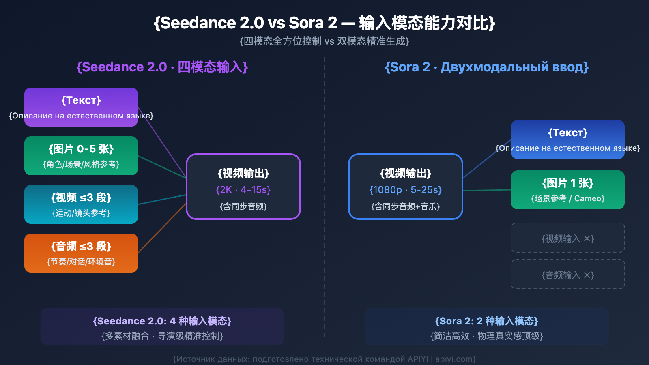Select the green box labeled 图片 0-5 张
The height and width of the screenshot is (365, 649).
click(81, 156)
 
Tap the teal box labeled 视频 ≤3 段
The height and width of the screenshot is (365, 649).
click(81, 204)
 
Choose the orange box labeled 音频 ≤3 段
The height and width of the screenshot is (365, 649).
click(81, 253)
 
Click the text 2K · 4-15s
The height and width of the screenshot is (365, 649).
click(243, 190)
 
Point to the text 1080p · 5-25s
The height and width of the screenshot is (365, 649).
click(406, 190)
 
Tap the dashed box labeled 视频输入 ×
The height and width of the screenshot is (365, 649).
click(568, 238)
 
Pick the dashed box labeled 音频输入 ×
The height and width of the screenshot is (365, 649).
click(568, 275)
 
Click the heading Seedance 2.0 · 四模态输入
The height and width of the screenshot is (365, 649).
click(162, 67)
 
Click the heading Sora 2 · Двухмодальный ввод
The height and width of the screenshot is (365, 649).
click(487, 67)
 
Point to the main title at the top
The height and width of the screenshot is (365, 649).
click(324, 23)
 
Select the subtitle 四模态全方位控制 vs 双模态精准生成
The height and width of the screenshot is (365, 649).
click(324, 41)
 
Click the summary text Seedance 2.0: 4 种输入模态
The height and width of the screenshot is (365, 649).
click(162, 321)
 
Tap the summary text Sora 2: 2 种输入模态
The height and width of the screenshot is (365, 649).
click(487, 321)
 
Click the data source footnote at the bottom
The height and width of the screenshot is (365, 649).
click(324, 359)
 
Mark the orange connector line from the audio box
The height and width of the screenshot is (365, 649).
click(162, 228)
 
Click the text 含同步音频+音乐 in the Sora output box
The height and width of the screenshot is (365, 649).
click(406, 206)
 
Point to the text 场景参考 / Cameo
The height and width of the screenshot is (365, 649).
click(568, 198)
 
